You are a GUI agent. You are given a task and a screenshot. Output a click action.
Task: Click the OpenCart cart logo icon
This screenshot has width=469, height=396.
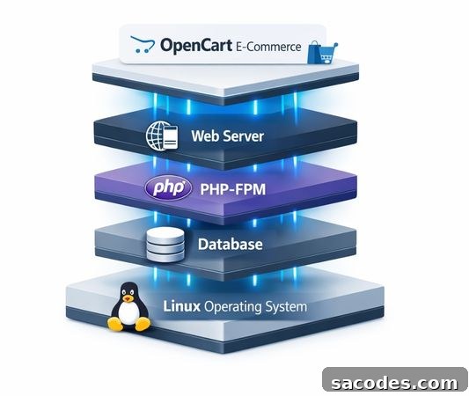coord(143,44)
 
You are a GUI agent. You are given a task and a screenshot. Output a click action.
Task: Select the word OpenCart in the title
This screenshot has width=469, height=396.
coord(196,46)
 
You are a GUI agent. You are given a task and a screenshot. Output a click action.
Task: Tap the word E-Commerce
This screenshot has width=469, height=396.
coord(268,47)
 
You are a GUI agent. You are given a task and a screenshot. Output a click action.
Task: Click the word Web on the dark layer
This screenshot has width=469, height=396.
coord(205,136)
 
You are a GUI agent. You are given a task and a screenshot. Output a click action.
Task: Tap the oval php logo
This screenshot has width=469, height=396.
coord(168,188)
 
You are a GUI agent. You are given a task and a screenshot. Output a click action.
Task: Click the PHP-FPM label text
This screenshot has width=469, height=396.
coord(232,189)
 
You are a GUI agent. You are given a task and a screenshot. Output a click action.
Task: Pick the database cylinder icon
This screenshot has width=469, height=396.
coord(165,245)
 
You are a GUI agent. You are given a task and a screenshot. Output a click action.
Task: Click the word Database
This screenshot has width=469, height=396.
coord(231,244)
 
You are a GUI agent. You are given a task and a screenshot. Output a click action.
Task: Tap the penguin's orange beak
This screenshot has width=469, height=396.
coord(128,298)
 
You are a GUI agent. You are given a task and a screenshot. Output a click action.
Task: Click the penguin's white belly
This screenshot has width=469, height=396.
coord(128,313)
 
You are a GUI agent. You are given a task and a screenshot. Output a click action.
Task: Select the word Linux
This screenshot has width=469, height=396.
coord(181,306)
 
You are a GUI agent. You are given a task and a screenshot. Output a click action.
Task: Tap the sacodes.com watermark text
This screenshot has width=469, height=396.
coord(394,383)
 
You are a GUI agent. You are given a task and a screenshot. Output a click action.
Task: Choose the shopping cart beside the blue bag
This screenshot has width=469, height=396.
coord(328,54)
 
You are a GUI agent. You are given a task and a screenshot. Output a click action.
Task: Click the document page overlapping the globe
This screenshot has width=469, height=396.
coord(170,137)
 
